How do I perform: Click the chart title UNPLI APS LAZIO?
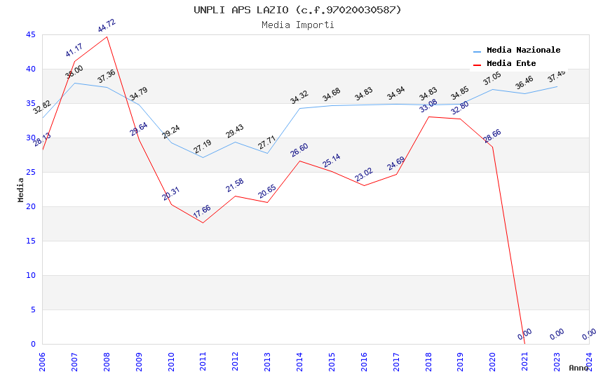coord(298,10)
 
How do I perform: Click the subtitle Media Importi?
coord(298,25)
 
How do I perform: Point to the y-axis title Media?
coord(21,189)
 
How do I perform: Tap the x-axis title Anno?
coord(578,368)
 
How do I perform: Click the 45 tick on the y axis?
coord(30,34)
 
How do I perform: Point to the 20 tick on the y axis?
coord(30,206)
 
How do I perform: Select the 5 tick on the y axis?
coord(33,310)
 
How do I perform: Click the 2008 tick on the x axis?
coord(107,361)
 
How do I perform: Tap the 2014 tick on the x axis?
coord(299,361)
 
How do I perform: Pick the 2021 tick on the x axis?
coord(524,361)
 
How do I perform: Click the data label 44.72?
coord(107,26)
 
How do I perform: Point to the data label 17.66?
coord(202,211)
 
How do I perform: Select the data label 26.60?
coord(299,149)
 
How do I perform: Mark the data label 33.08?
coord(428,106)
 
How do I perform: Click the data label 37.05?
coord(492,79)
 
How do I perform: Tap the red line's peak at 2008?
coord(107,36)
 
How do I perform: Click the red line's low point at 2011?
coord(203,222)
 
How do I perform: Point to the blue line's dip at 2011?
coord(203,157)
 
